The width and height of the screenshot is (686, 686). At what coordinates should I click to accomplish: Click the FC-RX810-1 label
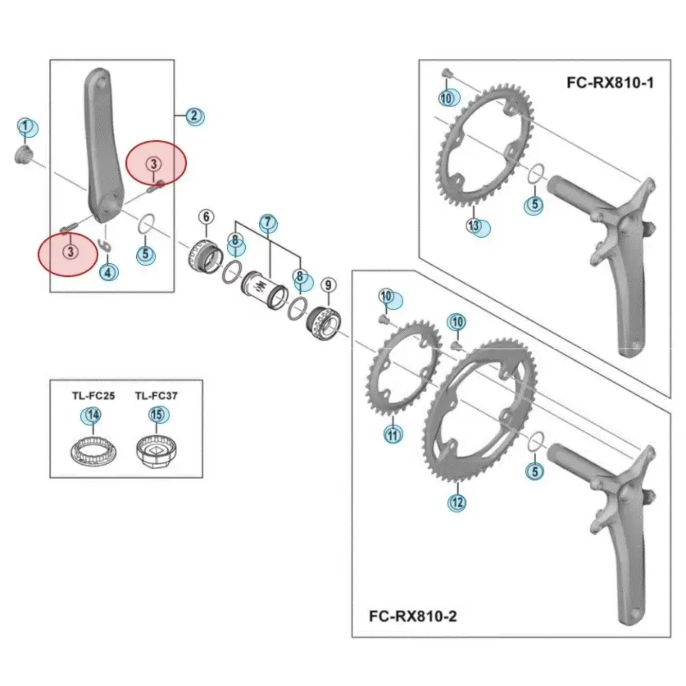[610, 83]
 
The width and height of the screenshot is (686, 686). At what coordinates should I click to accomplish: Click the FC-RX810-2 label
[413, 616]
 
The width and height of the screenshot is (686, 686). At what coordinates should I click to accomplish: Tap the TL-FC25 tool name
[93, 396]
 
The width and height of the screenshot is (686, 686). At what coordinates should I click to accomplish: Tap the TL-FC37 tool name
[156, 396]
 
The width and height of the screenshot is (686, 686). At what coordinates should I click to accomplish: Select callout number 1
[26, 126]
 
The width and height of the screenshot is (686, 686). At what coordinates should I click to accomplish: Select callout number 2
[194, 115]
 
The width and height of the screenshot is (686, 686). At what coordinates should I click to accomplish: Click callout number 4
[108, 272]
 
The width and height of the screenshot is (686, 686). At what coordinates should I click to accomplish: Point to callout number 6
[206, 217]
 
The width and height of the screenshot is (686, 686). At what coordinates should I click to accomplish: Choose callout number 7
[268, 222]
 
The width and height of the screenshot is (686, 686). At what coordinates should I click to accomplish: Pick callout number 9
[328, 285]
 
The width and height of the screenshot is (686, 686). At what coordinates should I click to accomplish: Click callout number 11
[393, 435]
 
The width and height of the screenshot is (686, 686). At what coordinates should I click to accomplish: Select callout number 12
[457, 502]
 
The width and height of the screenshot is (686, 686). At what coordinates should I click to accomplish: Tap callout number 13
[474, 225]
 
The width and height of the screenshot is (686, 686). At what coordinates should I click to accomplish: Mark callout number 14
[93, 415]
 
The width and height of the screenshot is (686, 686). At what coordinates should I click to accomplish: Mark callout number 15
[157, 414]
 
